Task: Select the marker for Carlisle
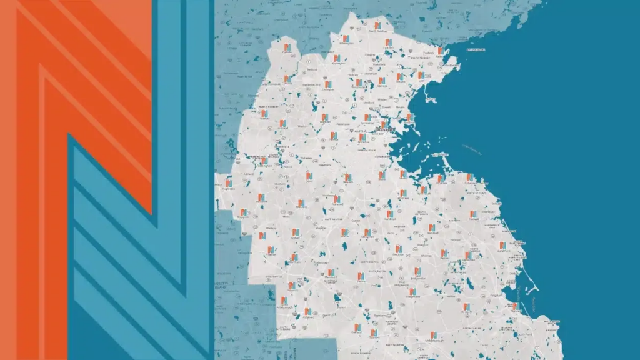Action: point(287,47)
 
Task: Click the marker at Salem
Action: point(440,51)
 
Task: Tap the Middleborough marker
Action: point(432,335)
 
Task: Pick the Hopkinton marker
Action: point(229,183)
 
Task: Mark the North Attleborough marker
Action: point(291,286)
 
